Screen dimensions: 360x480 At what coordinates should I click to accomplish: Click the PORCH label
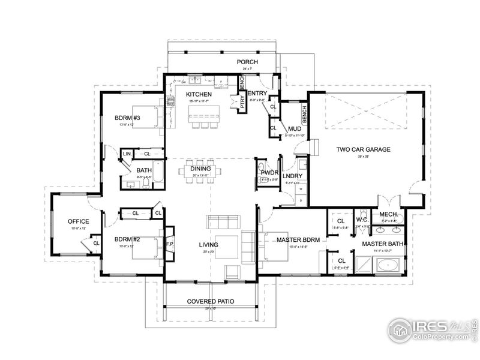point(247,62)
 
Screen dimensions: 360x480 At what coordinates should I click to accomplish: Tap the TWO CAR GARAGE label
point(364,149)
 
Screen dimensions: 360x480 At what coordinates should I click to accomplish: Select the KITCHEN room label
point(198,95)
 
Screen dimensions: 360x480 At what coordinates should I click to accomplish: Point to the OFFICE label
point(78,221)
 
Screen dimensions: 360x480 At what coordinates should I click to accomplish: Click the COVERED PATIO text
point(210,301)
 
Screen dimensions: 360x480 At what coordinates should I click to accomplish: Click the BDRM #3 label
point(127,118)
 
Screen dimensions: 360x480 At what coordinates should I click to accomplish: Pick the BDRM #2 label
point(127,239)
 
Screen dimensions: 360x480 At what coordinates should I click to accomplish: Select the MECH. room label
point(386,214)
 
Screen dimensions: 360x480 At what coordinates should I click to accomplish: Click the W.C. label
point(361,219)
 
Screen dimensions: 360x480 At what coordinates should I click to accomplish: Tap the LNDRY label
point(292,176)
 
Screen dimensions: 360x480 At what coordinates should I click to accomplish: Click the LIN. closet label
point(127,154)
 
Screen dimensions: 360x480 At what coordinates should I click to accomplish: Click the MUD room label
point(295,128)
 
